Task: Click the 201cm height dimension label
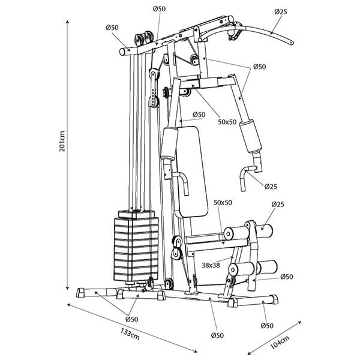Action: coord(62,141)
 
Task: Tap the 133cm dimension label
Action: coord(130,334)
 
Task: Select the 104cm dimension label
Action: coord(280,343)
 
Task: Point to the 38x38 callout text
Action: coord(211,265)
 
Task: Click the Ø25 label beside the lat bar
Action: coord(281,12)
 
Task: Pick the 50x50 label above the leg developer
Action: coord(223,203)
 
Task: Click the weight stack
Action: coord(136,246)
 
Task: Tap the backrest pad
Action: coord(192,172)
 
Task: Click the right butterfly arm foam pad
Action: coord(250,136)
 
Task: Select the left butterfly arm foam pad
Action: coord(169,144)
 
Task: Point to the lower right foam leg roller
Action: coord(267,268)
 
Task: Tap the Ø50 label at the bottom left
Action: coord(132,319)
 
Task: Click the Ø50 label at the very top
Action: coord(159,9)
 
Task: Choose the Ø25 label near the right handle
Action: coord(271,187)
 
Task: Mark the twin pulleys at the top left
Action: coord(144,38)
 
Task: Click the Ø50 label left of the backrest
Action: coord(199,115)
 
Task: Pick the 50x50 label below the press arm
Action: coord(227,122)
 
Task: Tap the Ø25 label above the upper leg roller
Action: coord(278,204)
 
